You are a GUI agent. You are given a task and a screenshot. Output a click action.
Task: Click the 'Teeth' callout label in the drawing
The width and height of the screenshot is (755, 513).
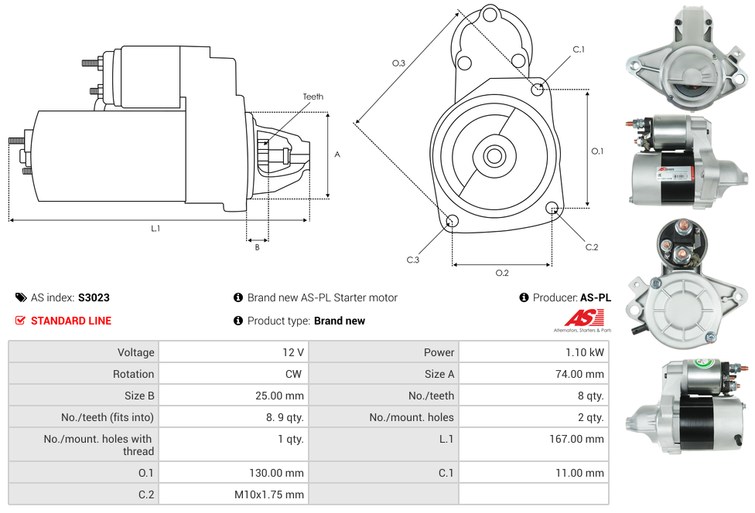click(313, 97)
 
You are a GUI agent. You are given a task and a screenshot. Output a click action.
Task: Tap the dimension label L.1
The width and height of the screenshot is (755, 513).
click(155, 228)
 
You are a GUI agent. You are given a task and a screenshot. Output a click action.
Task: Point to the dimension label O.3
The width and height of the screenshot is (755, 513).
click(398, 63)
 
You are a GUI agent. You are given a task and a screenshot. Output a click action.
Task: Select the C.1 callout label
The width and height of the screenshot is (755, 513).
click(579, 49)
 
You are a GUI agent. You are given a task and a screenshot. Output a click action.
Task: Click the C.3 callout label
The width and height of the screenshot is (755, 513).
click(413, 260)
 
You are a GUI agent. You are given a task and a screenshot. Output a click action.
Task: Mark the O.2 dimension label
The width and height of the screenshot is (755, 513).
click(502, 272)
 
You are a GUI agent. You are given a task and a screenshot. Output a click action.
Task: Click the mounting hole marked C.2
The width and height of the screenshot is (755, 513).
click(552, 208)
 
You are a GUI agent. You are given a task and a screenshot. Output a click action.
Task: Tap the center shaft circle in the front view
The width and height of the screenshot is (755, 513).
click(493, 156)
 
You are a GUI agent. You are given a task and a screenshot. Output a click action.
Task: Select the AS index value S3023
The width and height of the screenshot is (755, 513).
click(94, 297)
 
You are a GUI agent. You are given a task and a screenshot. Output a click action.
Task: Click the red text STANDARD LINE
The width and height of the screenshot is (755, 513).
click(71, 321)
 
